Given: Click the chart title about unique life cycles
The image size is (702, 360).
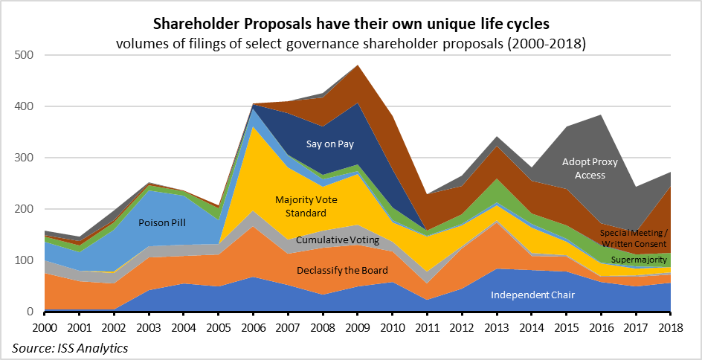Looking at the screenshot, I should click(x=351, y=25).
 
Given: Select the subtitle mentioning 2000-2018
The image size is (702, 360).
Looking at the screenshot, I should click(x=351, y=43).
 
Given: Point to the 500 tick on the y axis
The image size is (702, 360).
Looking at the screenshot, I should click(x=24, y=55).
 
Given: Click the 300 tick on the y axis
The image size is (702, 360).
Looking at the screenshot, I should click(x=24, y=158).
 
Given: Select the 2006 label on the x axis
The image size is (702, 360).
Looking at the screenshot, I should click(x=254, y=327).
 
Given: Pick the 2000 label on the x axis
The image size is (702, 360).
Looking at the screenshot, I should click(x=45, y=327).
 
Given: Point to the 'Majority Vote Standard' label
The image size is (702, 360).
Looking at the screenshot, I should click(x=307, y=207).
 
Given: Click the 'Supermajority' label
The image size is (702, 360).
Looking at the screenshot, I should click(x=639, y=260).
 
